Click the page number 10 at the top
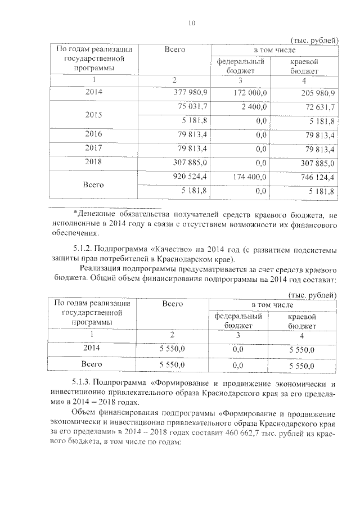192,23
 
